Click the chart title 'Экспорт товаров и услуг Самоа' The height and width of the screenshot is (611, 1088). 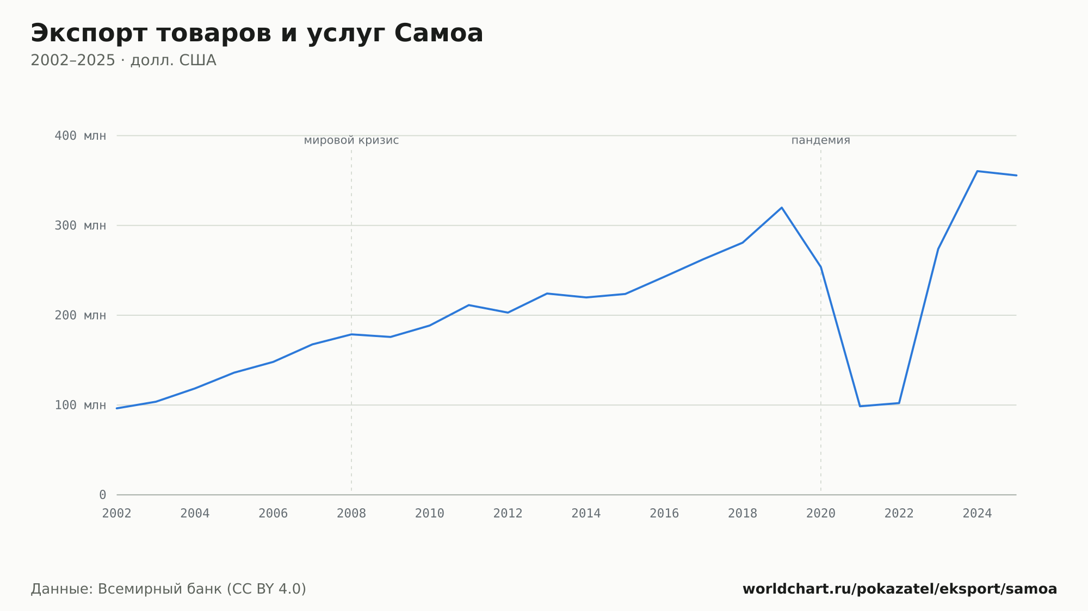[257, 34]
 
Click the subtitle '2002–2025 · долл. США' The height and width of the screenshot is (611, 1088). [123, 60]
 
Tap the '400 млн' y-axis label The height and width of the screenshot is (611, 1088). [81, 136]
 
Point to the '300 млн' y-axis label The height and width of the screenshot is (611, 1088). [81, 226]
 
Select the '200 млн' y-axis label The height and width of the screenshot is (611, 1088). [81, 315]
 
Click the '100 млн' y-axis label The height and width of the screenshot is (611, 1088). [81, 405]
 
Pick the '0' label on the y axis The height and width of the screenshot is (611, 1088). [102, 495]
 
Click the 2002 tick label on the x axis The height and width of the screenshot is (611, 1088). [117, 514]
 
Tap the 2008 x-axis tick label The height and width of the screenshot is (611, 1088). [351, 514]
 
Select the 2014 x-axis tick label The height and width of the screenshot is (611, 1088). [586, 514]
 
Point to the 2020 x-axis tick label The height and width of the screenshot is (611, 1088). [821, 514]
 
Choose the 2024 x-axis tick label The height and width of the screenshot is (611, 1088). [978, 514]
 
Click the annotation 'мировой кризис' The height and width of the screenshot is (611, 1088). [351, 140]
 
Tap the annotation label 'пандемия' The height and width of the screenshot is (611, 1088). [821, 140]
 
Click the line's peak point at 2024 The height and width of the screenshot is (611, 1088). [978, 171]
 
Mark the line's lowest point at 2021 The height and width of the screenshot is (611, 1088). [860, 406]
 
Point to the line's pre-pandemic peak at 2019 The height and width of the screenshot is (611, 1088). [782, 208]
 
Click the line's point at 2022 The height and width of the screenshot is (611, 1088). [899, 403]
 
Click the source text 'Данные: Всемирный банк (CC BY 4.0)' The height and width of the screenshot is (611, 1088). [169, 589]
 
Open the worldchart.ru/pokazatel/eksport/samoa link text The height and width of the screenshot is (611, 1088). [900, 589]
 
